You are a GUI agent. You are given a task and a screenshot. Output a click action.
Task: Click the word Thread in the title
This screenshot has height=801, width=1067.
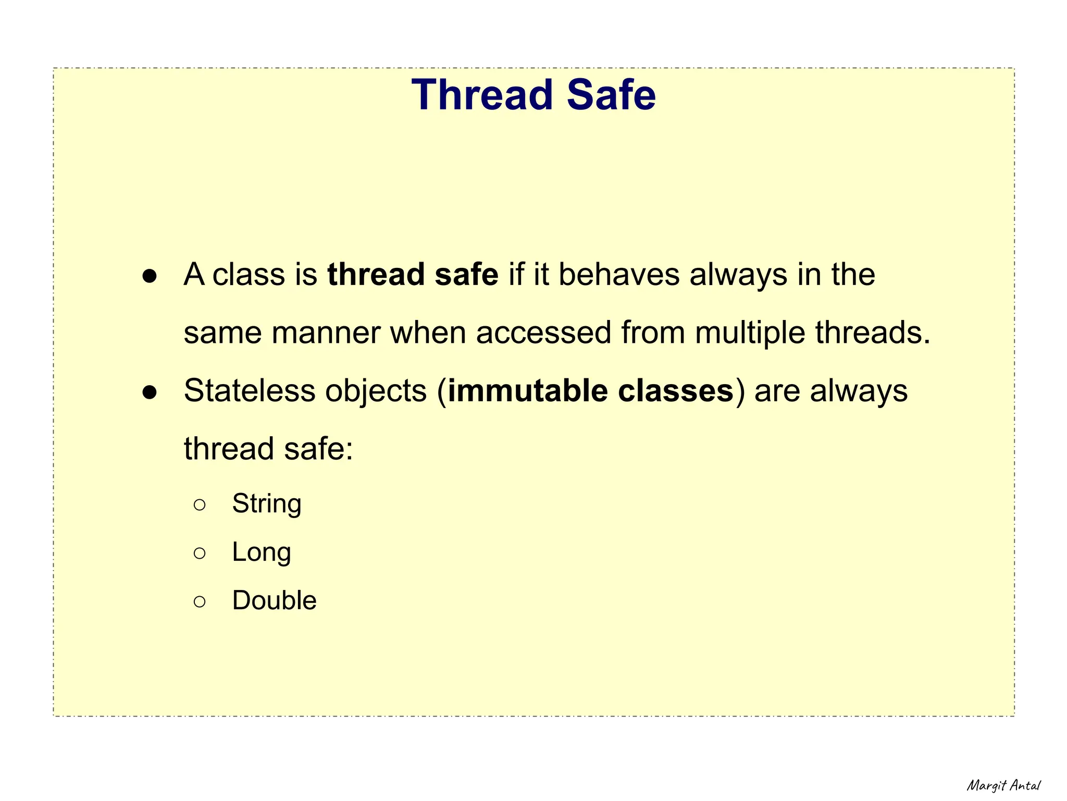(x=482, y=95)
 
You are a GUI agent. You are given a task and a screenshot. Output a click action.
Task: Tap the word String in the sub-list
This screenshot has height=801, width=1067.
(x=267, y=504)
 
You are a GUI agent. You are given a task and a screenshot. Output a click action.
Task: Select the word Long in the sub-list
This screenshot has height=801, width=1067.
(x=262, y=552)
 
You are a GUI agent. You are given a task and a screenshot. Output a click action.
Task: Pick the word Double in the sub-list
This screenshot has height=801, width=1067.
(x=274, y=600)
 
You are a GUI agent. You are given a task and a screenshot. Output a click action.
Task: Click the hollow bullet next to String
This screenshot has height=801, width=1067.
(x=200, y=504)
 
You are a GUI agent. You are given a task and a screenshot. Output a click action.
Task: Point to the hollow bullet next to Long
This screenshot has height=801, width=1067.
(x=200, y=553)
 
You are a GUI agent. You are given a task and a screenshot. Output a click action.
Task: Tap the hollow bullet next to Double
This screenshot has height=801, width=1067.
(x=200, y=601)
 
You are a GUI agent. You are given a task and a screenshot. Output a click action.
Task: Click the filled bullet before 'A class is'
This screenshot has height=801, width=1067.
(x=150, y=276)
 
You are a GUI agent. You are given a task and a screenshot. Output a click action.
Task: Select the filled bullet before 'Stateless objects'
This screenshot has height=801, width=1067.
(x=150, y=393)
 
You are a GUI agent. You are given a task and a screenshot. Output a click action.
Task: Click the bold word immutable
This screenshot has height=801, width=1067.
(x=527, y=391)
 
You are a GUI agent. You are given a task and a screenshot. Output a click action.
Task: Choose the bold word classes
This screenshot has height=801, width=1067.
(x=676, y=391)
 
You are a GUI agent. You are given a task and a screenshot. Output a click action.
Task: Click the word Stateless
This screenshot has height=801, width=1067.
(x=250, y=391)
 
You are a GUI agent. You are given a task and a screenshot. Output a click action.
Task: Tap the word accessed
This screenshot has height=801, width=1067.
(x=543, y=333)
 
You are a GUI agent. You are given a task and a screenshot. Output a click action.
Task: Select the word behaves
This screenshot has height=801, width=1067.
(x=619, y=275)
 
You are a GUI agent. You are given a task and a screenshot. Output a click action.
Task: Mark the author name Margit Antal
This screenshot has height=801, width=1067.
(x=1003, y=785)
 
